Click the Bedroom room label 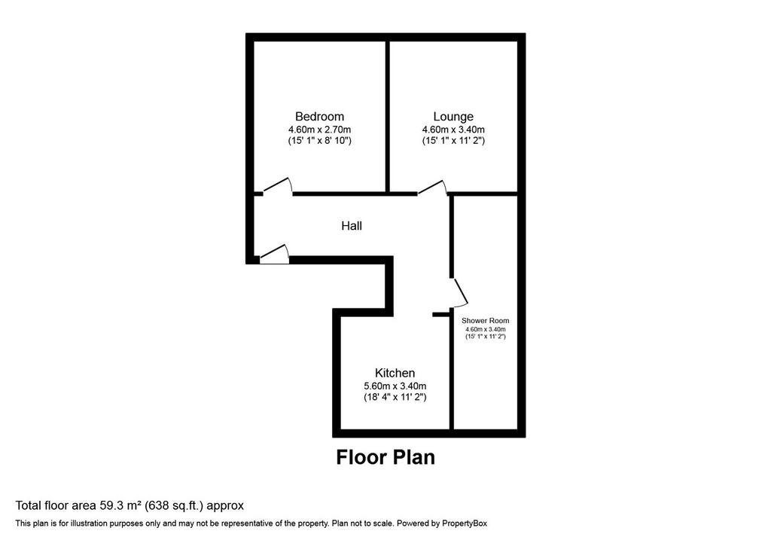[319, 117]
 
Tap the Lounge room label [453, 117]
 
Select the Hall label [352, 226]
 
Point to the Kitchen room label [395, 373]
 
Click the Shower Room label [486, 320]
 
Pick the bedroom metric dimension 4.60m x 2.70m [319, 130]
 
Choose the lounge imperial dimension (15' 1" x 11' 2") [453, 141]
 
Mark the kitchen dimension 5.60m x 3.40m [395, 386]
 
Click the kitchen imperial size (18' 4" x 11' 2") [395, 397]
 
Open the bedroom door [278, 185]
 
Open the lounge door [432, 187]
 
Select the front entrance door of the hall [274, 253]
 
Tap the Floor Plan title [385, 457]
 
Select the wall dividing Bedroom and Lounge [387, 117]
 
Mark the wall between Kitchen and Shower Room [452, 374]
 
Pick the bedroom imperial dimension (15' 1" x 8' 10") [319, 141]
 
